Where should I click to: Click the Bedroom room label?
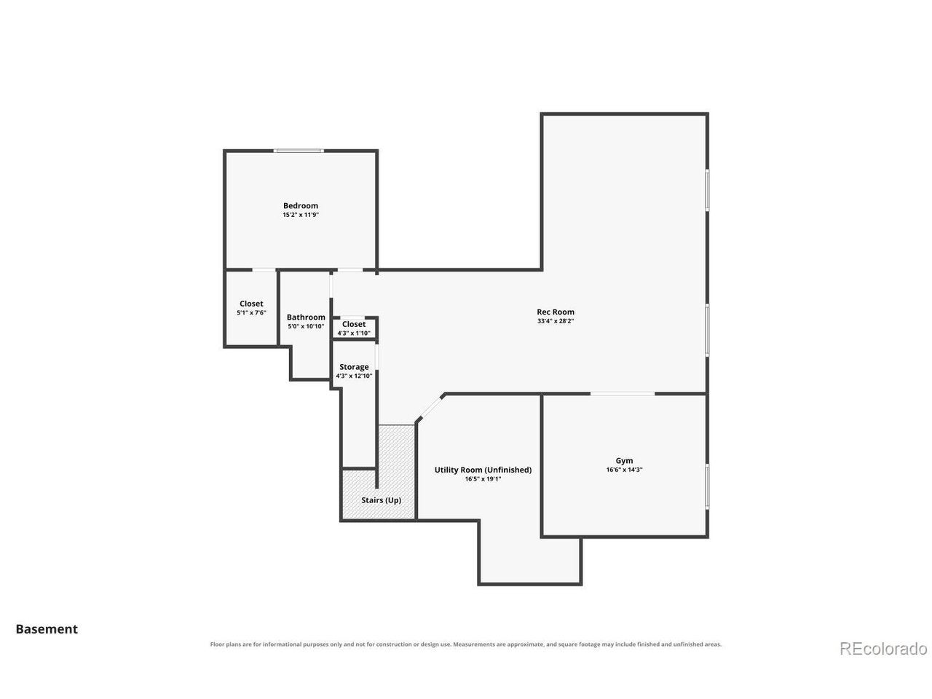coord(300,206)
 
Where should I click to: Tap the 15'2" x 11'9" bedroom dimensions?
coord(300,215)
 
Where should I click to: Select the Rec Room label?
coord(555,312)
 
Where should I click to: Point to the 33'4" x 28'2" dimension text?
coord(555,321)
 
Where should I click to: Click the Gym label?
coord(624,461)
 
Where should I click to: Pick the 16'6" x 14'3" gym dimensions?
coord(624,470)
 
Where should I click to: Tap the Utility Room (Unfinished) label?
coord(483,470)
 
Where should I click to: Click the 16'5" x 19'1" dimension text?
coord(483,479)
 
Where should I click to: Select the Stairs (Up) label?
coord(381,500)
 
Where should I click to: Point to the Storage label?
coord(354,367)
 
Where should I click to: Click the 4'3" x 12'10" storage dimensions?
coord(354,376)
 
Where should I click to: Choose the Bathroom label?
coord(306,317)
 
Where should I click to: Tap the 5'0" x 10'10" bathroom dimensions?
coord(306,326)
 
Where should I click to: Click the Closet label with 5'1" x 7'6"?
coord(251,304)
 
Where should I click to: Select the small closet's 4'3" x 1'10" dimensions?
coord(354,333)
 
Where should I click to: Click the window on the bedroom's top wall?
coord(298,151)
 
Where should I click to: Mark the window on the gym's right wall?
coord(706,486)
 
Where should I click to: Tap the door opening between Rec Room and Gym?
coord(622,394)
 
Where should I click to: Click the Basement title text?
coord(47,629)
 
